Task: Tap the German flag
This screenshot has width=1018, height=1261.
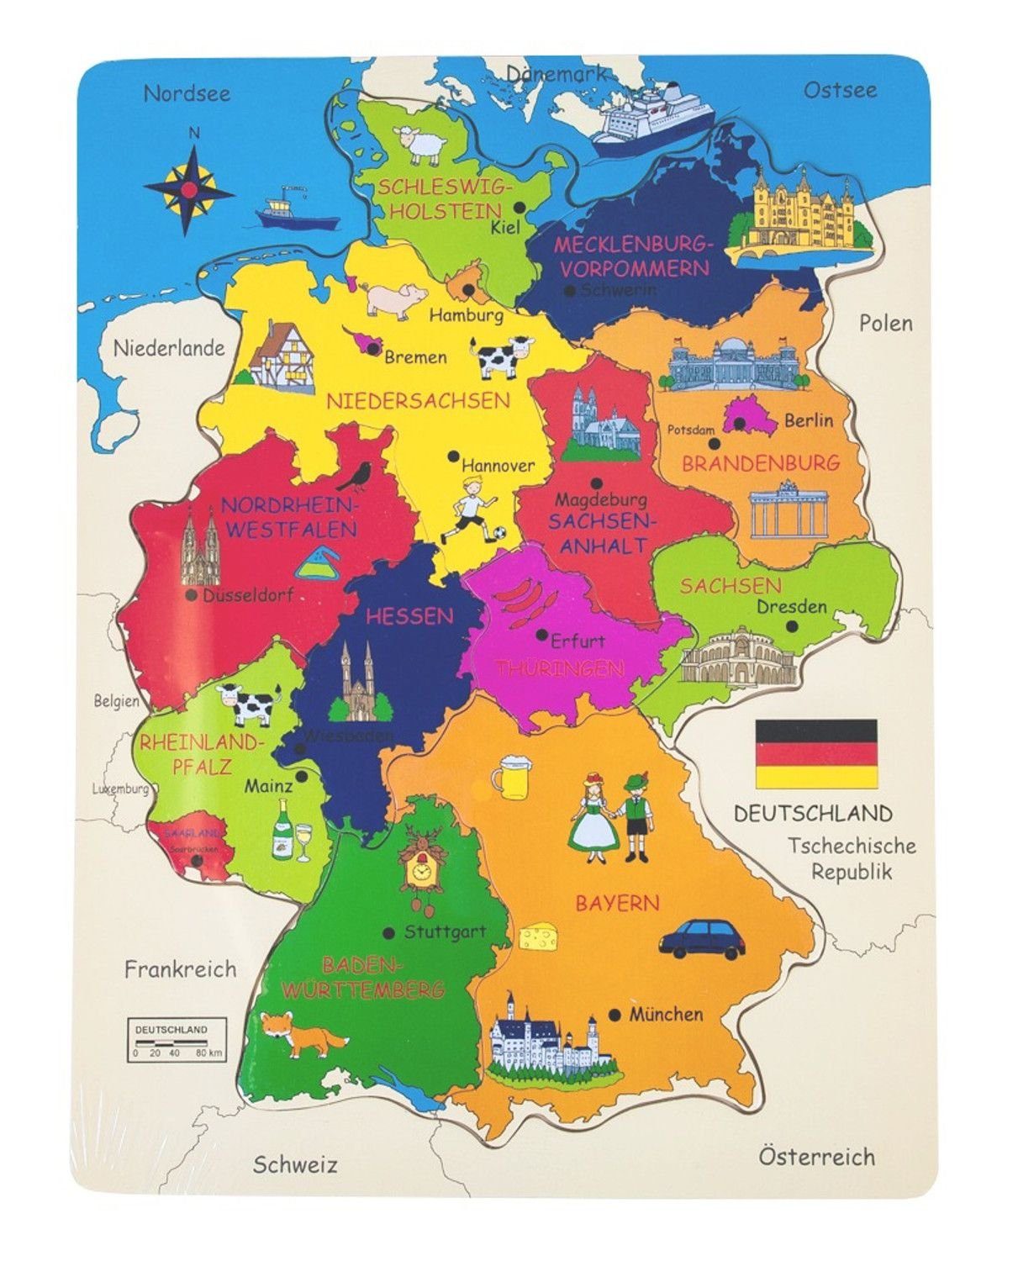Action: pyautogui.click(x=816, y=753)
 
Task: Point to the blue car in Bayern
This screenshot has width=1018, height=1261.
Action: pyautogui.click(x=702, y=939)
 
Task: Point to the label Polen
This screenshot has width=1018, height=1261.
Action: pyautogui.click(x=885, y=324)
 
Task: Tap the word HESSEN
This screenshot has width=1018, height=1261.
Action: pyautogui.click(x=409, y=616)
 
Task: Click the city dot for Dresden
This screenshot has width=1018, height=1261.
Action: pyautogui.click(x=791, y=626)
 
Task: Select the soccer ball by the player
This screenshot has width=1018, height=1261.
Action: pyautogui.click(x=498, y=533)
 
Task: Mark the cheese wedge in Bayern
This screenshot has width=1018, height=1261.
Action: pyautogui.click(x=538, y=937)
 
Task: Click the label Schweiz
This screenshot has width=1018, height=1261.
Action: pyautogui.click(x=295, y=1165)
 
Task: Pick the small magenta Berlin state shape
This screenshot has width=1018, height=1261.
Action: pyautogui.click(x=751, y=416)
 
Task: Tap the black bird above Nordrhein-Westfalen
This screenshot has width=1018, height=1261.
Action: pyautogui.click(x=359, y=477)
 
